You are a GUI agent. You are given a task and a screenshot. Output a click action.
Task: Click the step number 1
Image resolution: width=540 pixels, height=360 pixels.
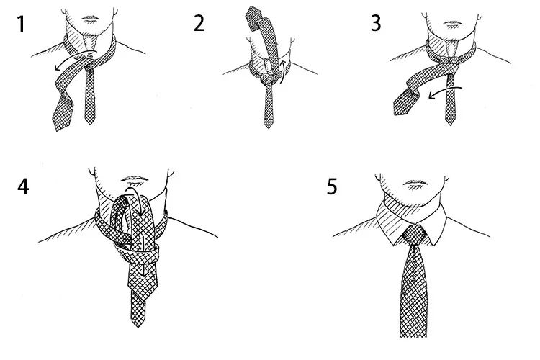click(x=22, y=24)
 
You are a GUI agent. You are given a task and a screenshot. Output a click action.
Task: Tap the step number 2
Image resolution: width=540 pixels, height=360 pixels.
click(x=199, y=24)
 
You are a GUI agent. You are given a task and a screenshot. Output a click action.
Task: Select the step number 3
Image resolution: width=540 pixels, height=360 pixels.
click(x=376, y=24)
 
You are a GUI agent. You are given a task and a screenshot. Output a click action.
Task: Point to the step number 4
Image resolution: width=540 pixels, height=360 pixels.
click(x=23, y=187)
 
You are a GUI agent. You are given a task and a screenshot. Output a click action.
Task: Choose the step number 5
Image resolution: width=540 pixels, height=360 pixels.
click(x=332, y=186)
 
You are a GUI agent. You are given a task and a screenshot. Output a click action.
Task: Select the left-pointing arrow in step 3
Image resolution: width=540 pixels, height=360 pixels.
click(x=444, y=91)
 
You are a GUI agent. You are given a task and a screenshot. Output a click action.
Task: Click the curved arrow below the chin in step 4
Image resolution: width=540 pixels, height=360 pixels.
click(x=137, y=197)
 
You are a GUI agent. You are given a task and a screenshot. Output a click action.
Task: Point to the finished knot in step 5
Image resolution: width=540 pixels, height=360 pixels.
click(x=415, y=235)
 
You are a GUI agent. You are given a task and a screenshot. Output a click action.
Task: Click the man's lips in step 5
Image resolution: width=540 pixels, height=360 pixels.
click(x=415, y=183)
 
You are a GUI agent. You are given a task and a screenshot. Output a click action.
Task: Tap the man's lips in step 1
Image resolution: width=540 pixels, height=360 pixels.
click(x=90, y=17)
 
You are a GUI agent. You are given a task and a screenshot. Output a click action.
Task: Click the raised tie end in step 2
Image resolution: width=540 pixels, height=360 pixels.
click(x=254, y=18)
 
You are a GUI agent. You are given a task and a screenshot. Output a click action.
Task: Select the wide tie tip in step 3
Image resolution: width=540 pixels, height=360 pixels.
click(x=405, y=101)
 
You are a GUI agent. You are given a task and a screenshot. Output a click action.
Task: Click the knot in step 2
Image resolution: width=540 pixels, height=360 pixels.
click(x=267, y=79)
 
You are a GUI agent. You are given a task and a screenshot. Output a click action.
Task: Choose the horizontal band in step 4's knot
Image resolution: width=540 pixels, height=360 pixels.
click(x=137, y=252)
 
